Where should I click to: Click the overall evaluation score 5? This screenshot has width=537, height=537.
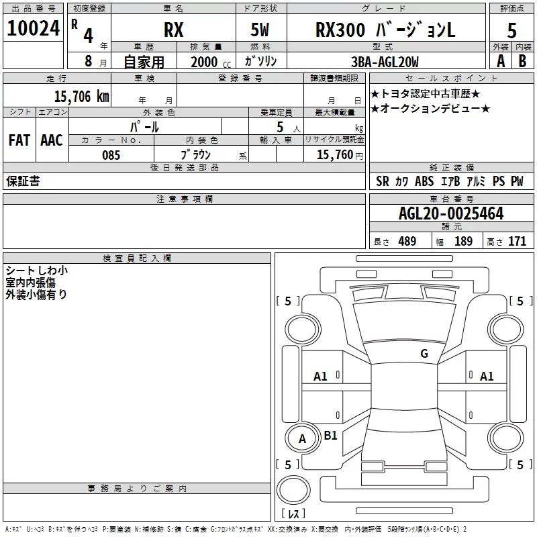512,30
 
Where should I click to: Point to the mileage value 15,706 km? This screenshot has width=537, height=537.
81,96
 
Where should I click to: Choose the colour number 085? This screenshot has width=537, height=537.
111,155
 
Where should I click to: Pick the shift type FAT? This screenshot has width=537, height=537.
19,140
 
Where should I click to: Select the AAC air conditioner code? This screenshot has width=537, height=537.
51,140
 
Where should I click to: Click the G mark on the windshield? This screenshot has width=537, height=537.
424,354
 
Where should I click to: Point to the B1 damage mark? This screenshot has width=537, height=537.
330,435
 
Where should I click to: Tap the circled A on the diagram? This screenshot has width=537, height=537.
302,439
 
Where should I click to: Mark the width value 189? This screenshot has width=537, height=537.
463,242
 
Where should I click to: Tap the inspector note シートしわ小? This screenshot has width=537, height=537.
37,271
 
